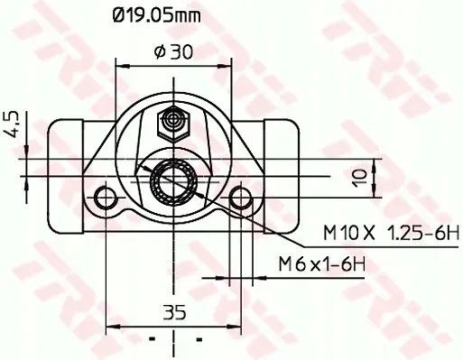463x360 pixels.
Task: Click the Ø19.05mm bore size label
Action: (156, 16)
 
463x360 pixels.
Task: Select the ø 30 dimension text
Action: (173, 52)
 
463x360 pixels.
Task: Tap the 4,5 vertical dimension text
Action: (12, 125)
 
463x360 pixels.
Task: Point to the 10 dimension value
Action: (359, 178)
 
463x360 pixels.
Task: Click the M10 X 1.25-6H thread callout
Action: (391, 233)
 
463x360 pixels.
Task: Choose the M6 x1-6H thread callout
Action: (322, 264)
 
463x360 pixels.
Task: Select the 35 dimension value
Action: (174, 312)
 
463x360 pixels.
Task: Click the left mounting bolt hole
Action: (106, 198)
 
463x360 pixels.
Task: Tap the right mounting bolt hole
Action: (241, 198)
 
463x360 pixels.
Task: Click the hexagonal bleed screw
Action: (173, 124)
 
